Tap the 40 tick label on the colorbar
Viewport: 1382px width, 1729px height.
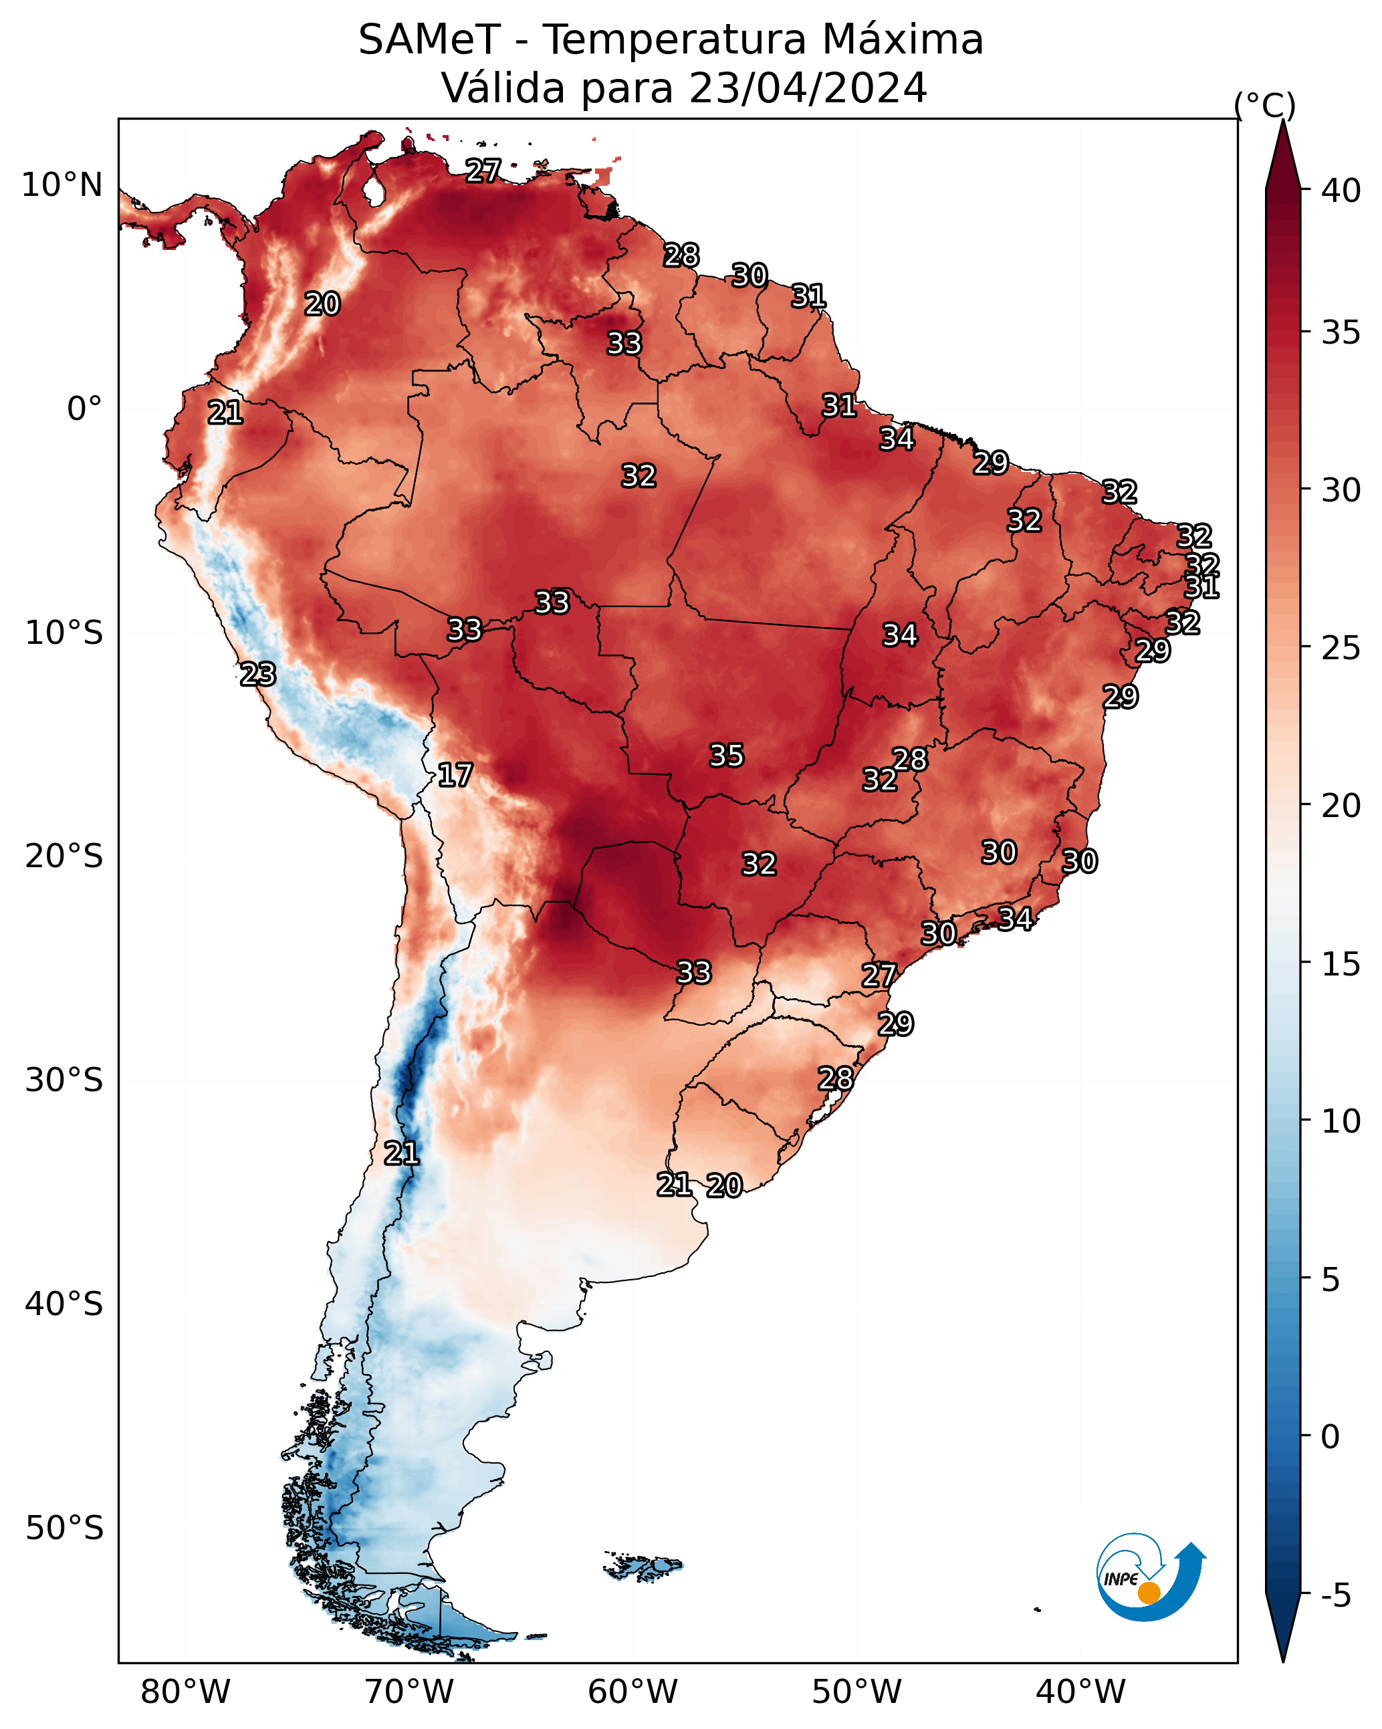1341,191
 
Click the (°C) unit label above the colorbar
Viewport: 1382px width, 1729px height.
1265,105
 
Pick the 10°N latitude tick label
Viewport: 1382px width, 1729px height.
62,185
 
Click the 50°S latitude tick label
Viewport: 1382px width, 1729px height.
64,1528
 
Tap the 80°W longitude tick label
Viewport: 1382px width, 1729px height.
185,1692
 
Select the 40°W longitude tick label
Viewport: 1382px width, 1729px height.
1080,1692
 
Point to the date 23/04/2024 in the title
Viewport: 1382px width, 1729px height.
808,88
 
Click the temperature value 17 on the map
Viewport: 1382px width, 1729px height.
455,775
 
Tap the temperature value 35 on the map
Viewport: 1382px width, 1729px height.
727,755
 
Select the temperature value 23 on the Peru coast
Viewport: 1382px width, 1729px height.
257,674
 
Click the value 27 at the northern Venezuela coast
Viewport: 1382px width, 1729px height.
483,170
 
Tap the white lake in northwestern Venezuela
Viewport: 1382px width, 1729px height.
373,191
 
